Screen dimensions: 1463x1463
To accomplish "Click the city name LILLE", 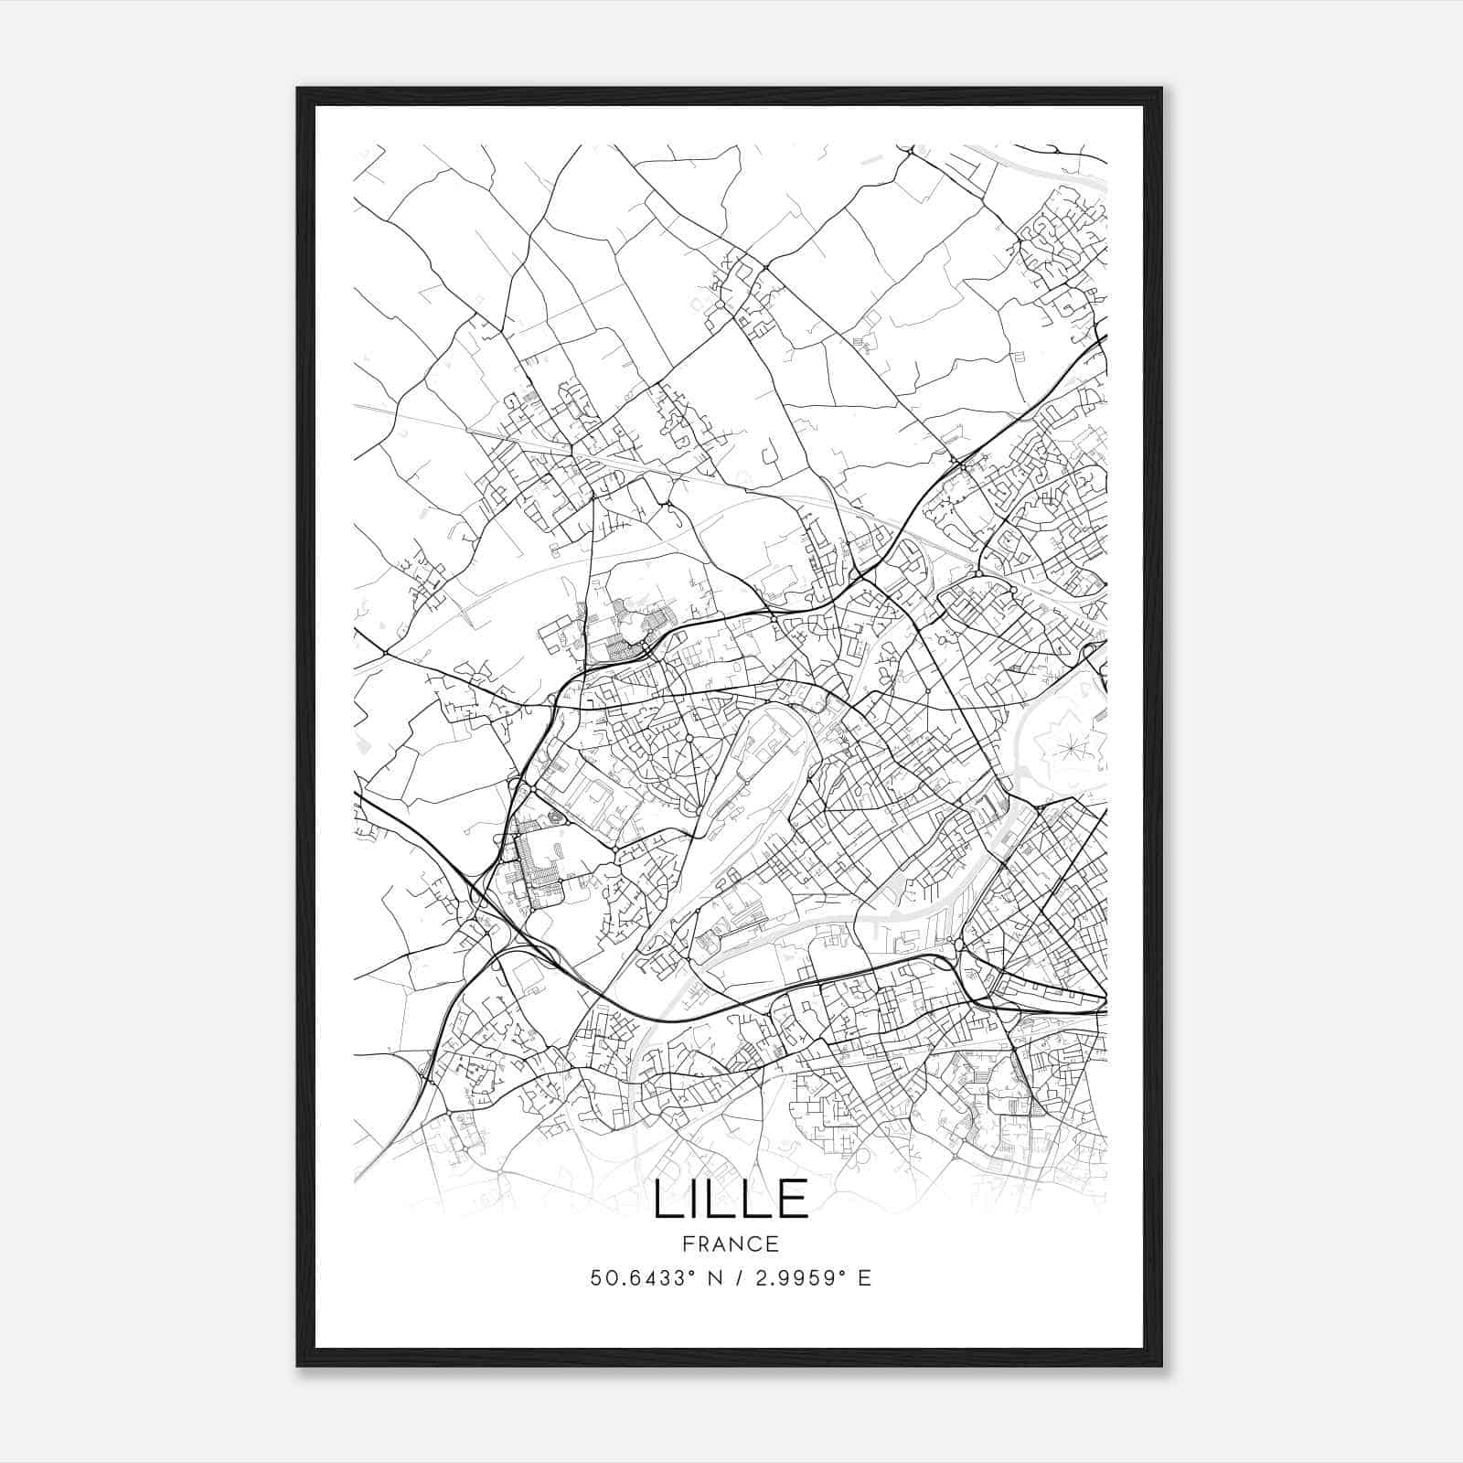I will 731,1199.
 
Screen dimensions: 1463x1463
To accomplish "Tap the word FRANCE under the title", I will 731,1244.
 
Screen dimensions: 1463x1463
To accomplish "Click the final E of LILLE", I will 796,1199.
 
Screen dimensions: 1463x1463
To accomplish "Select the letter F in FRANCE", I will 688,1244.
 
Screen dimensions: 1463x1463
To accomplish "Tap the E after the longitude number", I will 864,1278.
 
